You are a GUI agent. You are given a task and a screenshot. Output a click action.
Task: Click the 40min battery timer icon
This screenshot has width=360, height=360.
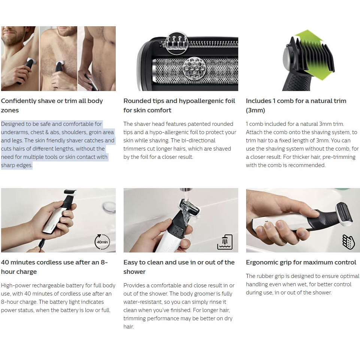[102, 242]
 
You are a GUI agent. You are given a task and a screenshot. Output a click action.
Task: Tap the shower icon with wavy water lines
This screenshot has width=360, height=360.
[225, 242]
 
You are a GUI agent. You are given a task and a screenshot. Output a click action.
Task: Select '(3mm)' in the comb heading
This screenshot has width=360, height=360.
[255, 111]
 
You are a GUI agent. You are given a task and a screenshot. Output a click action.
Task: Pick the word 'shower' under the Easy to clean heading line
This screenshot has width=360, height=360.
[134, 272]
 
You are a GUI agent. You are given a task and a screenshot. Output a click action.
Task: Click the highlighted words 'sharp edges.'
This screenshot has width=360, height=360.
[16, 165]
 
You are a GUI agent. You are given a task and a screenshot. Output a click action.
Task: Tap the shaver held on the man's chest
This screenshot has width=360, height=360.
[59, 69]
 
